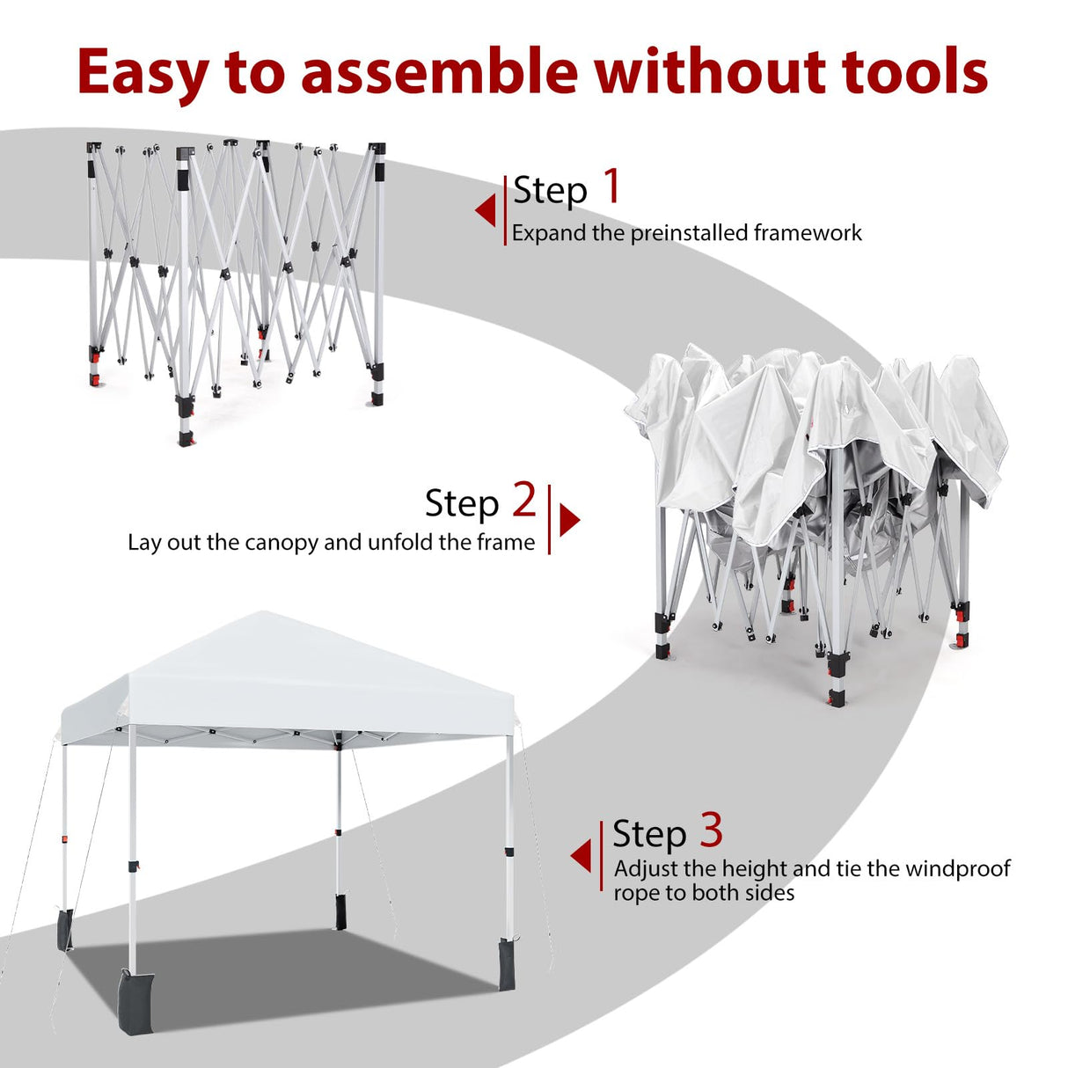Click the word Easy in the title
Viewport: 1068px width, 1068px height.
[141, 72]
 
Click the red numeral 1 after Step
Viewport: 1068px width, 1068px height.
[611, 187]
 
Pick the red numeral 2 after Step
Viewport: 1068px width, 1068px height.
[523, 500]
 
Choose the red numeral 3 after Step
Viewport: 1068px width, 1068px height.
[711, 830]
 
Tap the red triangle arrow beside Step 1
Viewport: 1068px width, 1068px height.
[485, 211]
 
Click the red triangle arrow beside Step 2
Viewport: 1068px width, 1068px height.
[570, 519]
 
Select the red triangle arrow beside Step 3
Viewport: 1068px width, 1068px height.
[581, 856]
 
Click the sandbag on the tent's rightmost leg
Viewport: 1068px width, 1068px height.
[508, 963]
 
